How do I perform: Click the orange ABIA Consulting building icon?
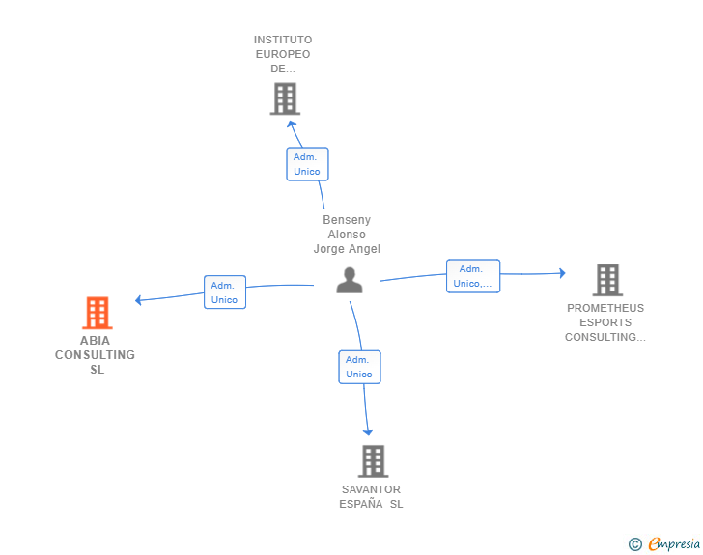tap(98, 313)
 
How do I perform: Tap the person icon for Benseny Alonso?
tap(350, 280)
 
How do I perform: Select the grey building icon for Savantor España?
tap(373, 461)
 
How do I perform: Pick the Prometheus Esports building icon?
tap(607, 280)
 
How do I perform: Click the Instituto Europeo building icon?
tap(285, 98)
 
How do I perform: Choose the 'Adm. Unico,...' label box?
tap(473, 276)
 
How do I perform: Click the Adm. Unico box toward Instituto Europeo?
tap(307, 164)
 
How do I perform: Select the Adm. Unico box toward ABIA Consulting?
tap(225, 292)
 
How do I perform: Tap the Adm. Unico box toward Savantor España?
tap(359, 367)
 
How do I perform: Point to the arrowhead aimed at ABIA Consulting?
tap(138, 300)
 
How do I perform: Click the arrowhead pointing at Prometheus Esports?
tap(562, 273)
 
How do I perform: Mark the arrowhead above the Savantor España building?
tap(368, 432)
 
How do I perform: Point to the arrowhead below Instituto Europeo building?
tap(291, 124)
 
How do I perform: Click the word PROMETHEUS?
tap(605, 308)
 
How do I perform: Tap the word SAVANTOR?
tap(371, 489)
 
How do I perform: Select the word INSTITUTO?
tap(283, 40)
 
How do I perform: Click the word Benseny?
tap(347, 220)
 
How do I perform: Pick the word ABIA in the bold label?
tap(95, 341)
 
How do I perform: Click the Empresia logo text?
tap(674, 544)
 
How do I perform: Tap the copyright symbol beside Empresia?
tap(634, 544)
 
